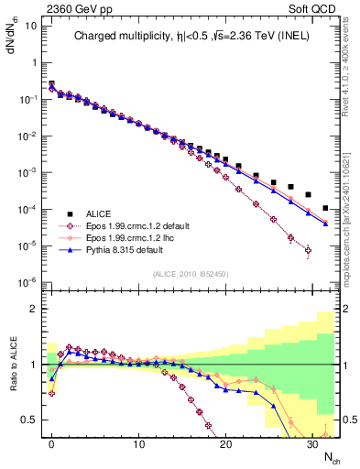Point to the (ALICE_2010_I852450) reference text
(x=190, y=272)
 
